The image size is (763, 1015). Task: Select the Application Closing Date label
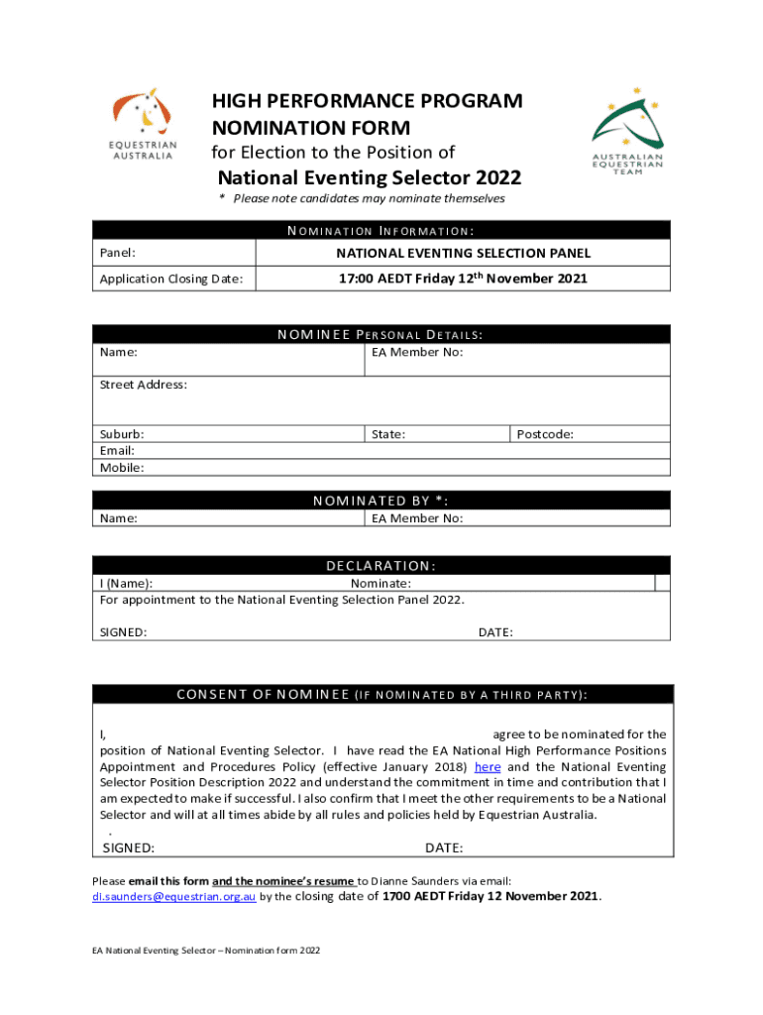pos(171,279)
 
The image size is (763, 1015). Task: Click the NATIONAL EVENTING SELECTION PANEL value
pos(463,254)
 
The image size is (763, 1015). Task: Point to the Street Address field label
pos(143,385)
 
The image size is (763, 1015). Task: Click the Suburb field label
pos(122,434)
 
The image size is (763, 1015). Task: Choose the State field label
pos(387,434)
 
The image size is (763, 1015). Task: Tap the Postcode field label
pos(545,434)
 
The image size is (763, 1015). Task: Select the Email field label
pos(117,450)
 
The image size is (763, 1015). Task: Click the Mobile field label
pos(121,467)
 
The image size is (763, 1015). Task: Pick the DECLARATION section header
pos(381,566)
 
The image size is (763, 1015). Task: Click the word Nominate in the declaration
pos(381,583)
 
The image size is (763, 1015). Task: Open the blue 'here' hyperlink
pos(488,767)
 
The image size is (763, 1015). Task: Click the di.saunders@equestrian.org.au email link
pos(174,896)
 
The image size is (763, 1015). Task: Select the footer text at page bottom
pos(206,951)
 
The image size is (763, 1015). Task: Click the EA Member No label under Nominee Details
pos(417,352)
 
